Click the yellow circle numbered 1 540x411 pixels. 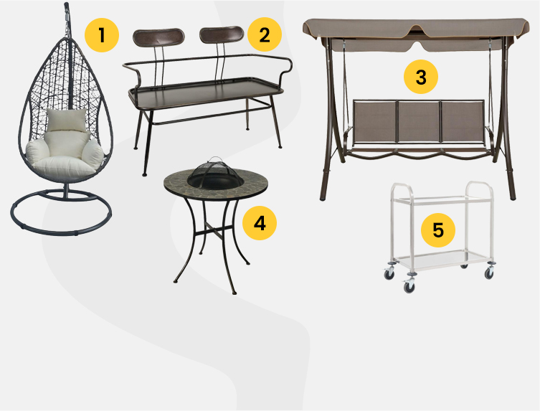tap(102, 35)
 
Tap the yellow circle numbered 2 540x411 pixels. tap(265, 35)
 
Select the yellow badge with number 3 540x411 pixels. tap(421, 77)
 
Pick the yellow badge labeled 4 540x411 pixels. tap(260, 223)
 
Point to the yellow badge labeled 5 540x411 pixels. tap(438, 230)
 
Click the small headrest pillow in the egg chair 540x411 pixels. tap(67, 120)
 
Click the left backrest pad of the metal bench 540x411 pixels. tap(158, 37)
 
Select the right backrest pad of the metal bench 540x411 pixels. tap(222, 35)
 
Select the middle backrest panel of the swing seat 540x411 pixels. tap(418, 121)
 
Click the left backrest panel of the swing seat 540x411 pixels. tap(374, 121)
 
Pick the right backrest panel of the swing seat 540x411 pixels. tap(462, 121)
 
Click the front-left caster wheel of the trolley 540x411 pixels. tap(409, 287)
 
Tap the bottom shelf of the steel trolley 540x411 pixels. tap(442, 260)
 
